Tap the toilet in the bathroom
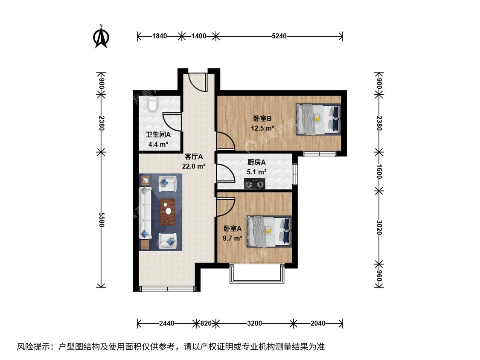(x=152, y=104)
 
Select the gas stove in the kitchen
(x=255, y=184)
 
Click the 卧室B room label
(x=262, y=119)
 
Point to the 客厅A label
(x=194, y=157)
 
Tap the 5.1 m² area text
(x=256, y=172)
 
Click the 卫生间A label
(x=158, y=135)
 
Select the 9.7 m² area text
(x=233, y=238)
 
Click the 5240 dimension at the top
(x=279, y=36)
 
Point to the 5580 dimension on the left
(x=101, y=219)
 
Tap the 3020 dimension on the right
(x=379, y=227)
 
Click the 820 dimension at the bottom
(x=206, y=323)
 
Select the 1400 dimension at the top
(x=199, y=36)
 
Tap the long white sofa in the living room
(x=145, y=213)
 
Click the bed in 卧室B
(x=318, y=119)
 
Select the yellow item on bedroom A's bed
(x=268, y=231)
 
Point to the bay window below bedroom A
(x=257, y=273)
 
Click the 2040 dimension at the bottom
(x=318, y=323)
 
